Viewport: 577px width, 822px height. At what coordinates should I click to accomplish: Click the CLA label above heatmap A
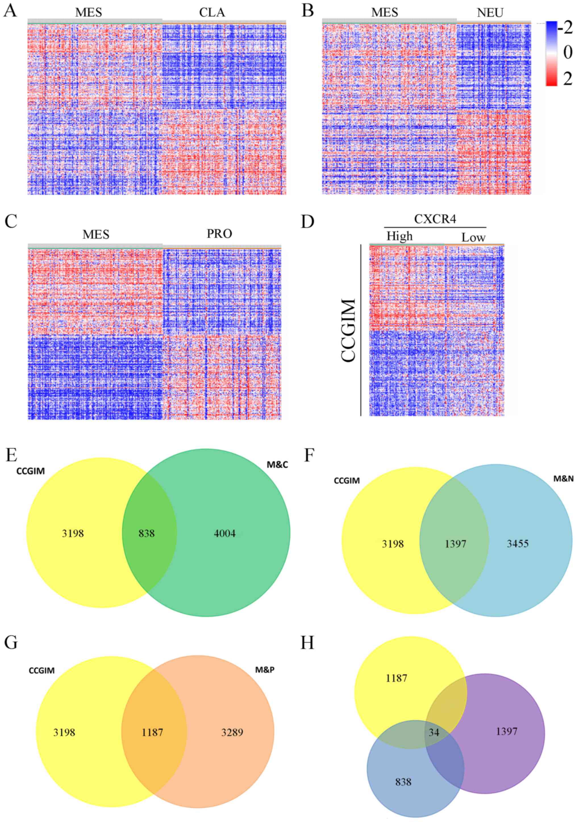[x=212, y=12]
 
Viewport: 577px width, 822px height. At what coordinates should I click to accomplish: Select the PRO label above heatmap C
[x=219, y=234]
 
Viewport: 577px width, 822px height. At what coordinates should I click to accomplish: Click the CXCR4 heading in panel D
[x=435, y=219]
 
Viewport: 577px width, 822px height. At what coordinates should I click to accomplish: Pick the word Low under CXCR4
[x=473, y=237]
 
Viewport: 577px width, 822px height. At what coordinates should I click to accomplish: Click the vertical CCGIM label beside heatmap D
[x=349, y=330]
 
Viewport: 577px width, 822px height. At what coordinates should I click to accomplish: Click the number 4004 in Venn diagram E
[x=225, y=534]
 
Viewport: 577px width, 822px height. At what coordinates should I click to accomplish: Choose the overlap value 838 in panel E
[x=147, y=534]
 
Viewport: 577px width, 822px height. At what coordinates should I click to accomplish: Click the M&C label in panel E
[x=277, y=465]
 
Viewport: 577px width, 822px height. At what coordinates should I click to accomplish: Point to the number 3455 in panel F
[x=518, y=544]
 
